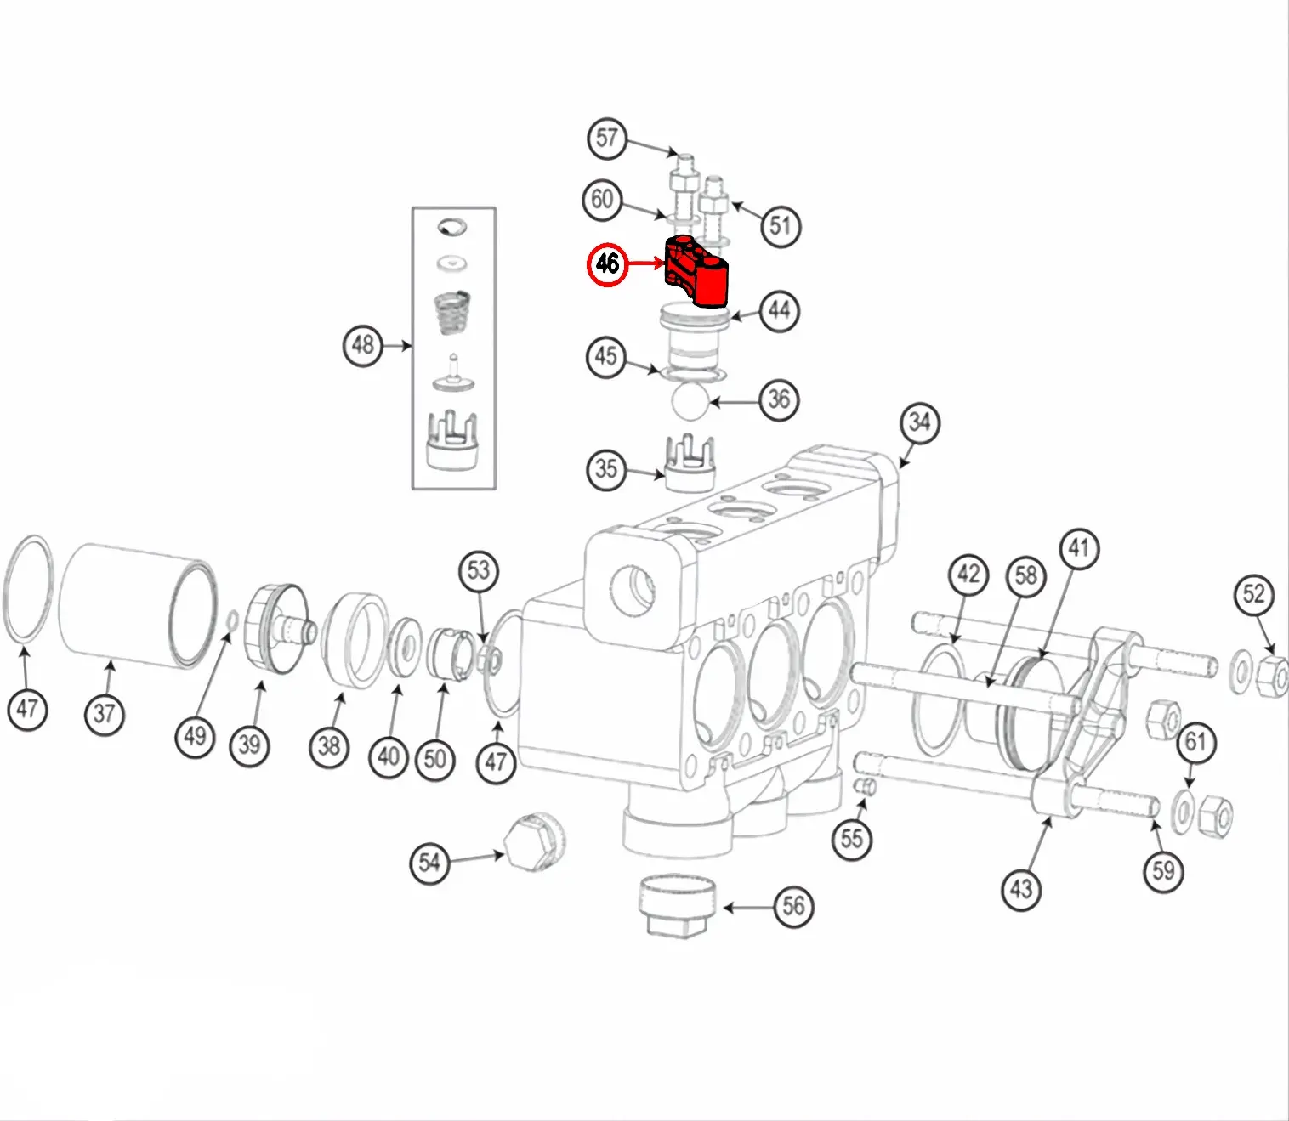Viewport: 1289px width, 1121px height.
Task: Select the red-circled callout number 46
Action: (607, 263)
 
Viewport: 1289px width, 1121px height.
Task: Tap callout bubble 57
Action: (606, 138)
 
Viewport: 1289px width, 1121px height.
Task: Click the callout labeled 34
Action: (919, 422)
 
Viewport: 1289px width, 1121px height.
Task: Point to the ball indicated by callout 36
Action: (690, 400)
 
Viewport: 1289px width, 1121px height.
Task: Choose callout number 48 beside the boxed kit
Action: (363, 345)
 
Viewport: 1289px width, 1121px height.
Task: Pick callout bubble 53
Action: (479, 570)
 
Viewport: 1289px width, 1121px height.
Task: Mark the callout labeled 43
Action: (1020, 889)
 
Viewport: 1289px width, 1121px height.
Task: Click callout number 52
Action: (1254, 594)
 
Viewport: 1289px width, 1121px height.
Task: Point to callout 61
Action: (1195, 742)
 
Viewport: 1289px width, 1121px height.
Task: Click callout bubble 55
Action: (851, 839)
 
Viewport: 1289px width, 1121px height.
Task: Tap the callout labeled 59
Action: (1163, 870)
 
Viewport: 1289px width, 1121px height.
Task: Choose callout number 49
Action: (195, 736)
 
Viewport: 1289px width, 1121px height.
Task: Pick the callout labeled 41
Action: (1078, 548)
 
